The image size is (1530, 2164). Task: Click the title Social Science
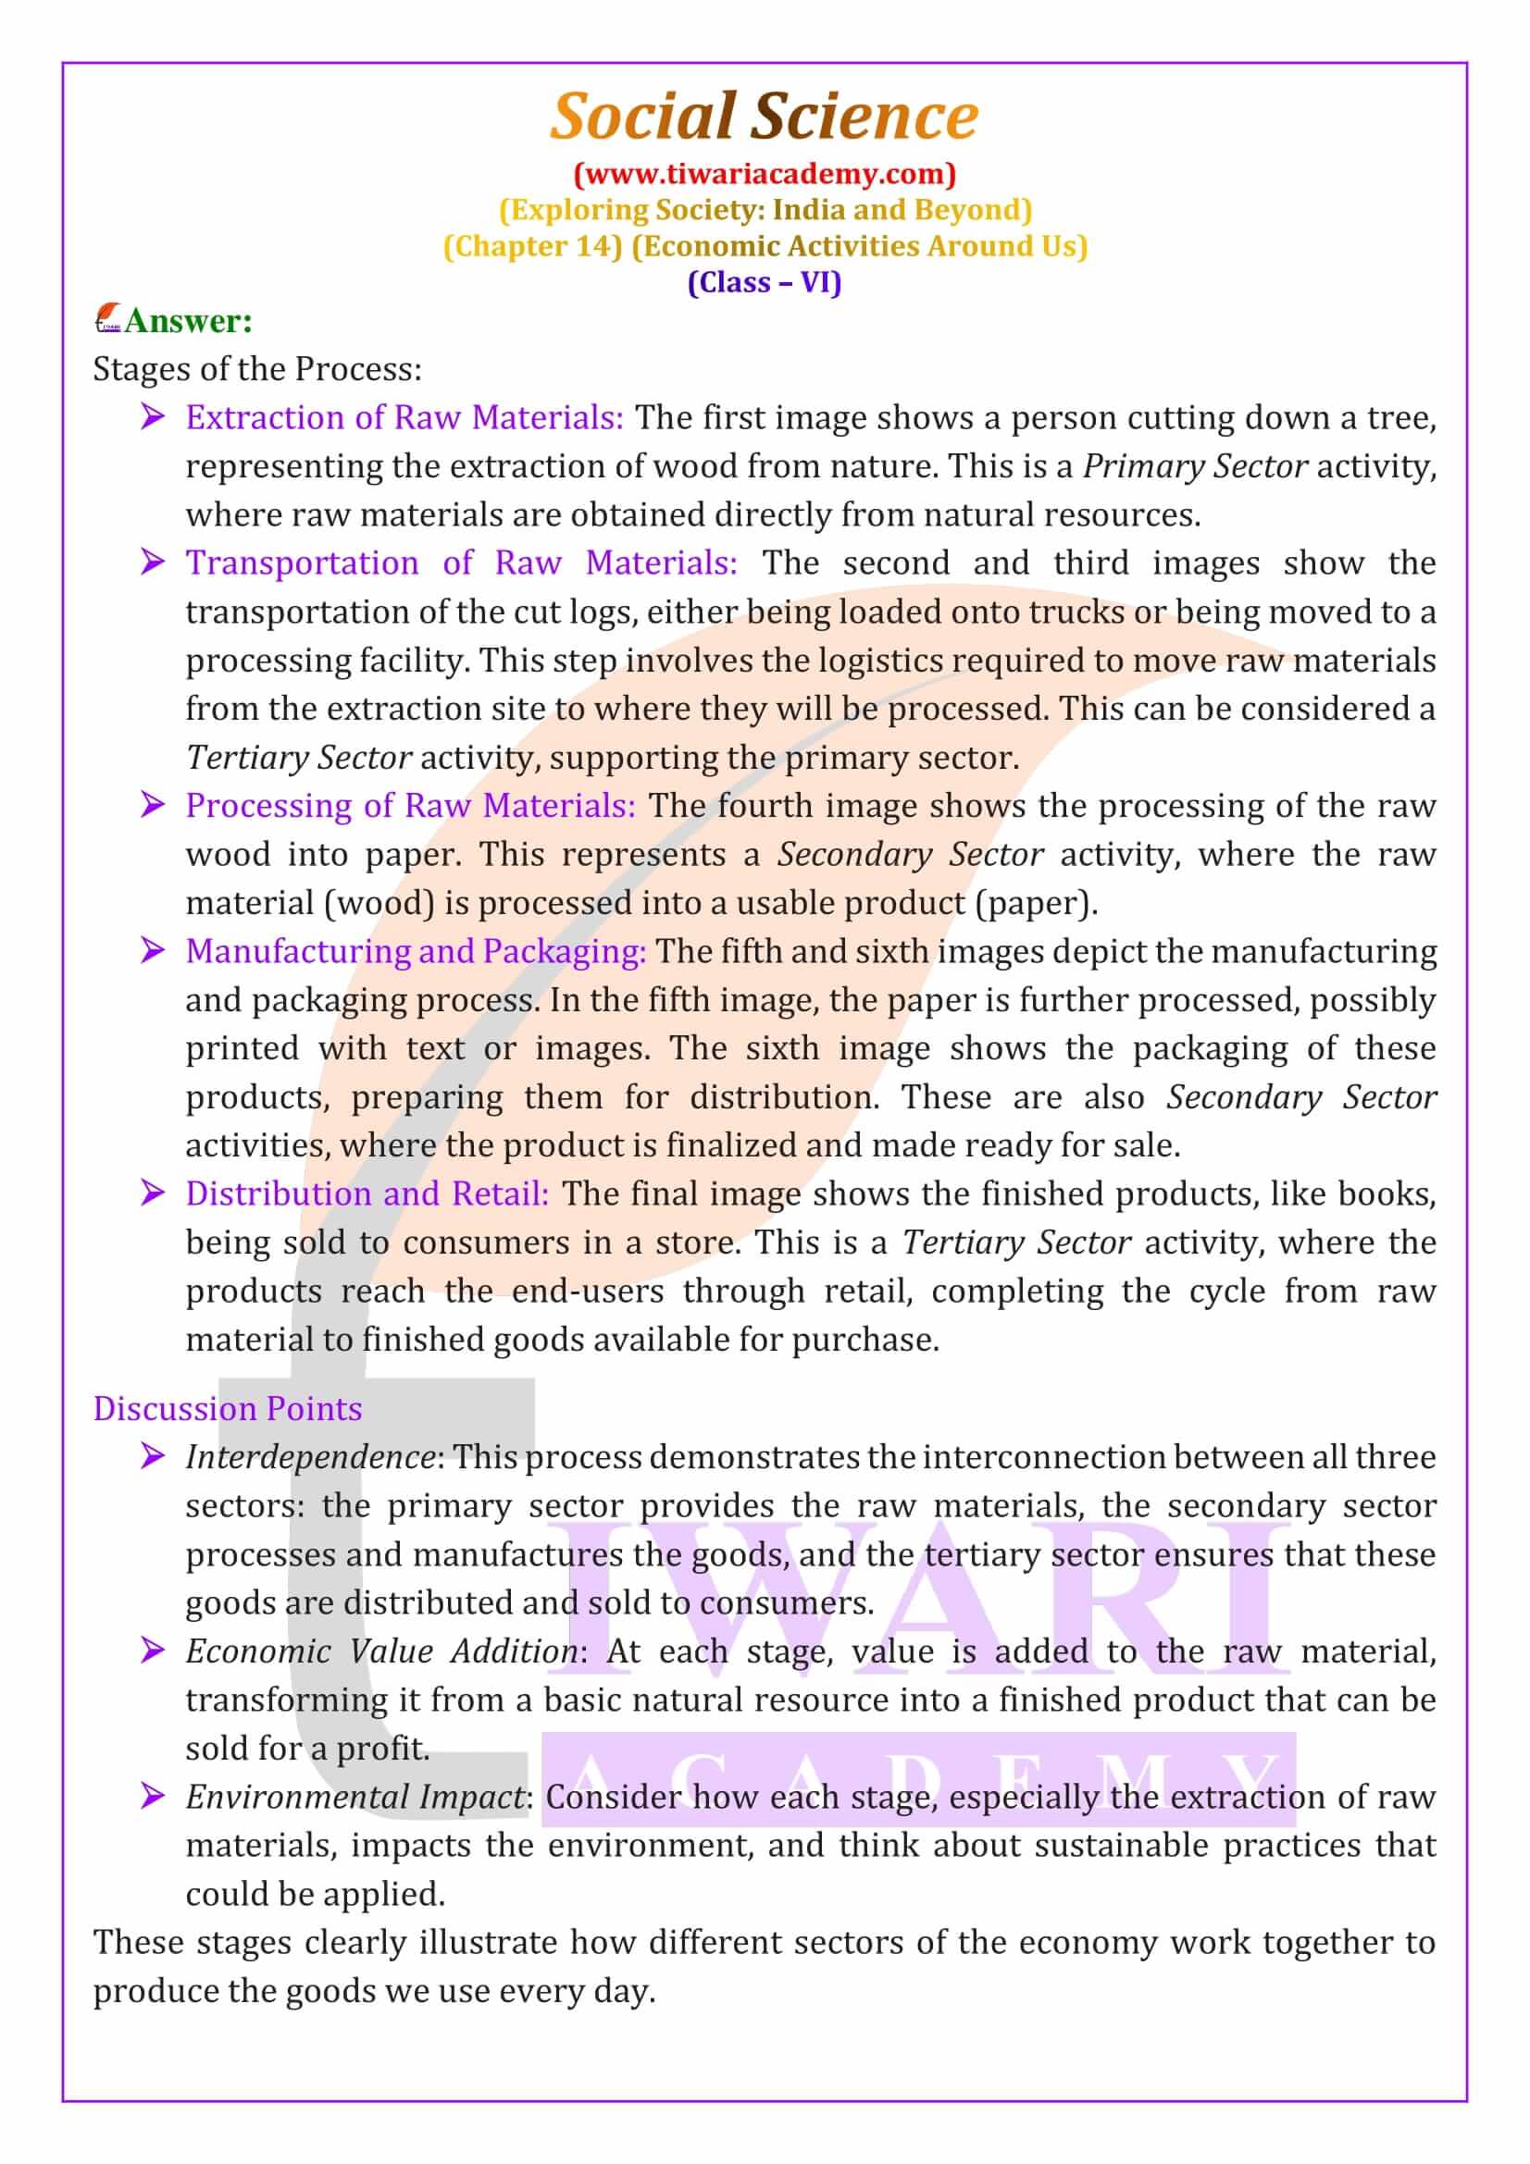click(x=764, y=116)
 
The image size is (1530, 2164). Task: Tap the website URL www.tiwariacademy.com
click(x=765, y=173)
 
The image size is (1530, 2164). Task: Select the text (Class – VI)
click(x=765, y=282)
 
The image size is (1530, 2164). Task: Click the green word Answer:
click(x=189, y=321)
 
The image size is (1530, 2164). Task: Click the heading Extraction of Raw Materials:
click(x=404, y=417)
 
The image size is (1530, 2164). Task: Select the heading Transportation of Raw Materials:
click(x=461, y=563)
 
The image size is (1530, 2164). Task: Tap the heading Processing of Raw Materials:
click(x=410, y=806)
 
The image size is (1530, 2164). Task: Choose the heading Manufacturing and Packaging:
click(x=416, y=951)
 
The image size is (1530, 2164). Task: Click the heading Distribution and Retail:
click(x=367, y=1194)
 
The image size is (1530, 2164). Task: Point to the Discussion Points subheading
click(x=227, y=1408)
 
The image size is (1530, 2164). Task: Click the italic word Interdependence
click(x=309, y=1457)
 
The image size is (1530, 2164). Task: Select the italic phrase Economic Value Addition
click(x=381, y=1651)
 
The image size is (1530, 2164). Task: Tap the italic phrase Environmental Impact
click(x=355, y=1797)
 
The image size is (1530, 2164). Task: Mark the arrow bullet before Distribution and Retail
click(x=152, y=1193)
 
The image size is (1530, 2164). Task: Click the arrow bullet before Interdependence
click(x=152, y=1456)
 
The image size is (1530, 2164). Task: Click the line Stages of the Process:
click(x=257, y=369)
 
